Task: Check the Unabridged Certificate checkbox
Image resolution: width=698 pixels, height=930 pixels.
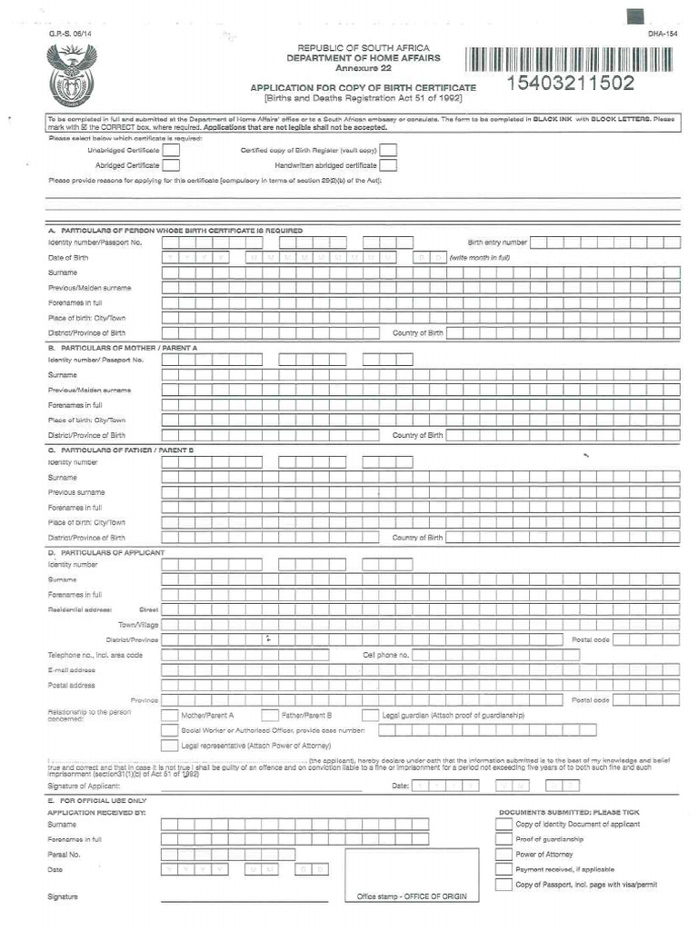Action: (170, 150)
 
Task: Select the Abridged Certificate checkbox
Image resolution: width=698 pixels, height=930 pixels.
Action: (170, 165)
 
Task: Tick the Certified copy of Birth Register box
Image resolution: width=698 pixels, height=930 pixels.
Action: (388, 150)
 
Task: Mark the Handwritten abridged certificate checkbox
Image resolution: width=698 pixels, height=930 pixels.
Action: (388, 165)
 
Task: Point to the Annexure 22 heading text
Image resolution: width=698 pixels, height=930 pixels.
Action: (364, 69)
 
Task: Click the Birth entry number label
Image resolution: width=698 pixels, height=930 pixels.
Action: (497, 242)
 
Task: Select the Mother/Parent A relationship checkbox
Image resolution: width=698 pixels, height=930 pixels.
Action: (170, 716)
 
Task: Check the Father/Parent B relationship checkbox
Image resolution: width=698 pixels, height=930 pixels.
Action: (270, 716)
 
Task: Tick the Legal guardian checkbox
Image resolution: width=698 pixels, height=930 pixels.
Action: (371, 716)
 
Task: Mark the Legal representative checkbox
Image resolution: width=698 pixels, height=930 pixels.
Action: (170, 746)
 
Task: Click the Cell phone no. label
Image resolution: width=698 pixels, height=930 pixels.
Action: (386, 655)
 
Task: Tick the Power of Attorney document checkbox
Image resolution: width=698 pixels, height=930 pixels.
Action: (504, 855)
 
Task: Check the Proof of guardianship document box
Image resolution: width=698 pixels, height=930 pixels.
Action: (504, 839)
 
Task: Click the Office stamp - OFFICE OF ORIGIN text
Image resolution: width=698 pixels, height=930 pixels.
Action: (412, 896)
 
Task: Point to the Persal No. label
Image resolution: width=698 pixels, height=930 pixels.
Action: (65, 855)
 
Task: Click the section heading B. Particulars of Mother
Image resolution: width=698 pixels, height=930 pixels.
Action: (123, 348)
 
